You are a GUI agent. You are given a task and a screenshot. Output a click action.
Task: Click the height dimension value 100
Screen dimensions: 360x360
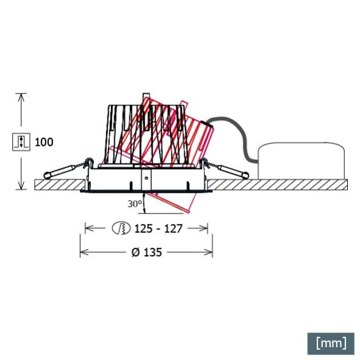pyautogui.click(x=44, y=142)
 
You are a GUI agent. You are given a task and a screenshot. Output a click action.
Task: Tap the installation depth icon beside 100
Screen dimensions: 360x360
pyautogui.click(x=21, y=142)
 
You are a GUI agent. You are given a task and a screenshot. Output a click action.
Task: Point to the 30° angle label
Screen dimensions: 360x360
pyautogui.click(x=135, y=203)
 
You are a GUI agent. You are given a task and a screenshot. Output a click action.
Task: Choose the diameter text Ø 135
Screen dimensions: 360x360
pyautogui.click(x=146, y=252)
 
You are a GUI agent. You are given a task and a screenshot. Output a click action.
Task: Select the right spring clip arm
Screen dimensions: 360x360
pyautogui.click(x=226, y=170)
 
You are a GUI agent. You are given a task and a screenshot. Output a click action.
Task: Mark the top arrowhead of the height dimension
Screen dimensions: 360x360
pyautogui.click(x=21, y=96)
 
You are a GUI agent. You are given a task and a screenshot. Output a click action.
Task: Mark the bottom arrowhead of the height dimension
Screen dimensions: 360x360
pyautogui.click(x=21, y=185)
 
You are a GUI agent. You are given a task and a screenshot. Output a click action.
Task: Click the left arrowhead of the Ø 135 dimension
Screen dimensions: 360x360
pyautogui.click(x=83, y=252)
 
